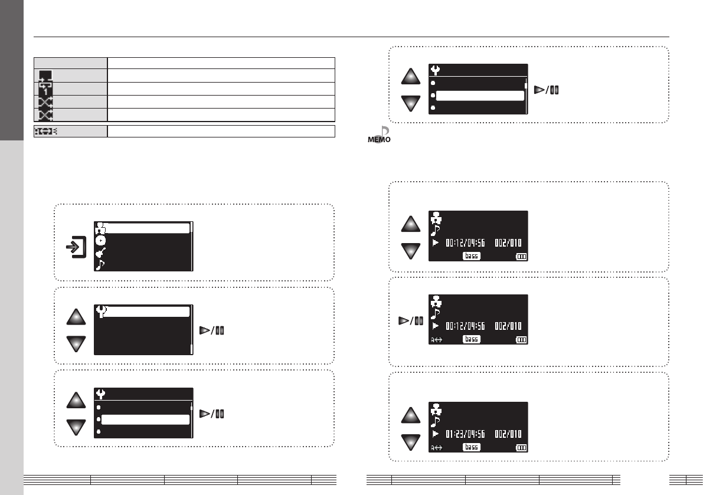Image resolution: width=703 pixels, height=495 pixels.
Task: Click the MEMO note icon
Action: pos(380,135)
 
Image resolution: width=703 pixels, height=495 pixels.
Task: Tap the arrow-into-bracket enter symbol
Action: pos(76,247)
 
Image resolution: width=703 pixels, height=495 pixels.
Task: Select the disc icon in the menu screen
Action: pos(100,241)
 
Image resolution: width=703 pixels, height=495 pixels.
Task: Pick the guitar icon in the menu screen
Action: pos(100,253)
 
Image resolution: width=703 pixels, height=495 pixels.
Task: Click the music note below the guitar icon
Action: pos(100,265)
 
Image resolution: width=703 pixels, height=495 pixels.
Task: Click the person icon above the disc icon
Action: pos(100,228)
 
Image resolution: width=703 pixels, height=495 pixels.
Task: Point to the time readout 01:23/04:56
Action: pos(465,434)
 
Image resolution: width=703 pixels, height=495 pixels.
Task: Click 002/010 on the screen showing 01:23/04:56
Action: pos(508,434)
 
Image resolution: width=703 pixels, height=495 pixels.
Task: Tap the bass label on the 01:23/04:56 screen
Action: pos(471,447)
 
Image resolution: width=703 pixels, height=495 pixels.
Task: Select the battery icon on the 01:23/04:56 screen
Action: pos(521,448)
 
